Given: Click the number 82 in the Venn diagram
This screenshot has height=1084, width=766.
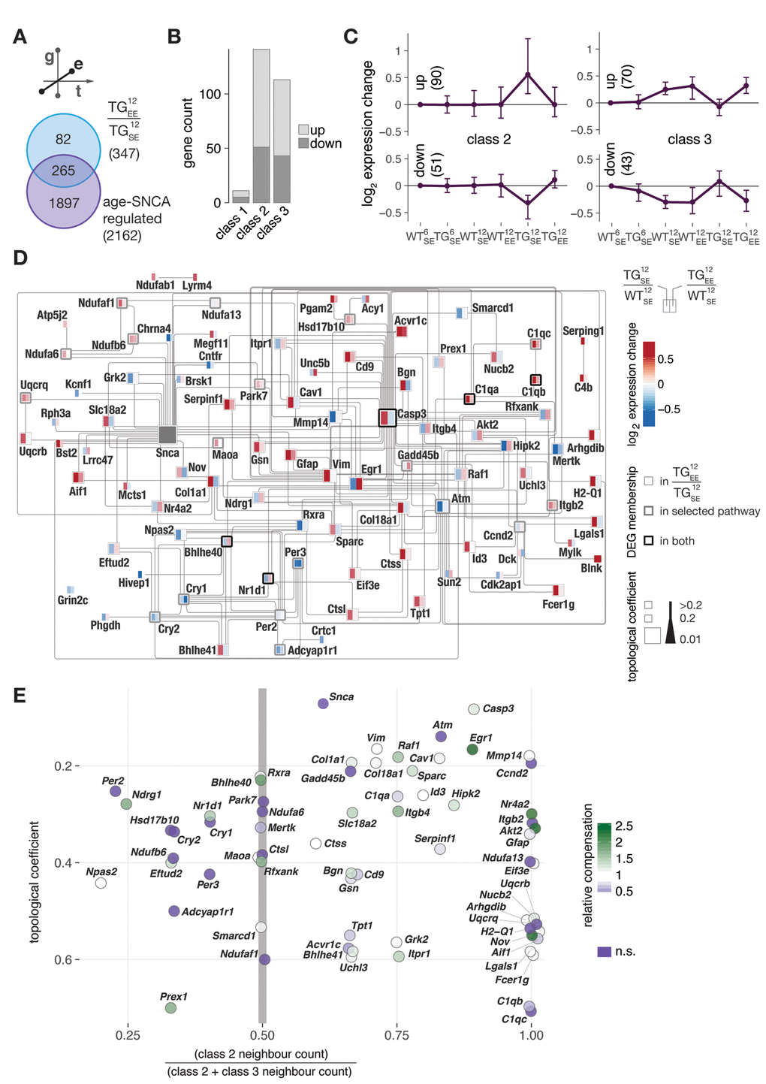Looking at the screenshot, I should pos(63,139).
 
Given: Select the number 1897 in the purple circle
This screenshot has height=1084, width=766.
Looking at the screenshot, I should pos(64,204).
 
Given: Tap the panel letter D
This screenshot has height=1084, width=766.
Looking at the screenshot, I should pos(20,258).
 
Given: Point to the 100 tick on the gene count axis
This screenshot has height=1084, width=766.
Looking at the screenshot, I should pos(210,94).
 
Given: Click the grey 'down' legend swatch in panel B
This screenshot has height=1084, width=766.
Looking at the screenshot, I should pos(303,143).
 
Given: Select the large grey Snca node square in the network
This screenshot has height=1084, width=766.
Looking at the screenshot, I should pos(167,434).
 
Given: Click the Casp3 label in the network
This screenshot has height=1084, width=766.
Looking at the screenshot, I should pos(412,414).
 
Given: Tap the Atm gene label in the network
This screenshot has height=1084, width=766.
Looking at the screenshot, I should pos(460,498).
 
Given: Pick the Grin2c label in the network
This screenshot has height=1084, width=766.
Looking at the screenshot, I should pos(73,600).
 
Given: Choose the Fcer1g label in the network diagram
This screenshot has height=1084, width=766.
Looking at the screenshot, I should pos(558,605).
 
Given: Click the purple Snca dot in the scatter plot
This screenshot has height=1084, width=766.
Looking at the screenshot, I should pos(323,703).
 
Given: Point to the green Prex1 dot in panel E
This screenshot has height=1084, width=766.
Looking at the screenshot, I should pos(170,1007).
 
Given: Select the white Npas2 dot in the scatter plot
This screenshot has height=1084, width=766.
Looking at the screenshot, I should pos(101,883).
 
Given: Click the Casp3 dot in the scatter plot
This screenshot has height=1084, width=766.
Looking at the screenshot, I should pos(474,709).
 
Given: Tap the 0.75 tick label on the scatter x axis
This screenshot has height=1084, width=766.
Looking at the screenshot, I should pos(397,1035).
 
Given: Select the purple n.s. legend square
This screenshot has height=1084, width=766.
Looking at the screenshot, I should pos(604,952).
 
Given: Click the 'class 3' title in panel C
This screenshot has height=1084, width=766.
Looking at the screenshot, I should pos(689,139).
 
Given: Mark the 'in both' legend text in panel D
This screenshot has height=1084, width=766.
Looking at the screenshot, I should pos(677,541).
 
